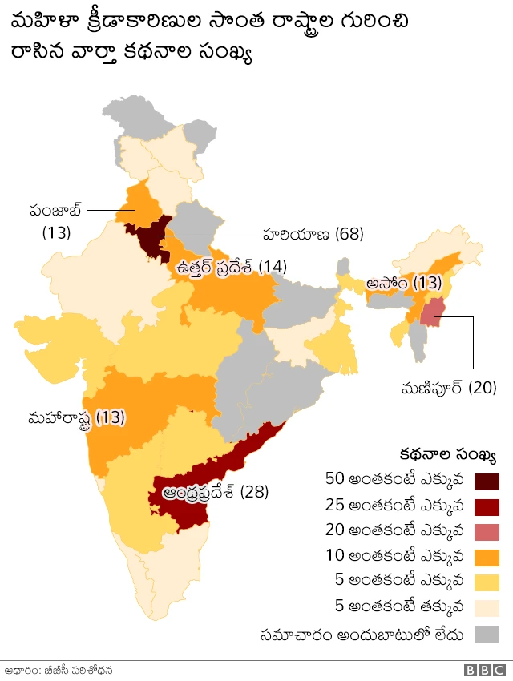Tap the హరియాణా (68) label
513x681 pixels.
pyautogui.click(x=313, y=234)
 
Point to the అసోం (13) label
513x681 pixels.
pyautogui.click(x=405, y=283)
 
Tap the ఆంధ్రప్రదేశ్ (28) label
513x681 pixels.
pyautogui.click(x=215, y=490)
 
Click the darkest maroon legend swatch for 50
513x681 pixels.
pyautogui.click(x=487, y=481)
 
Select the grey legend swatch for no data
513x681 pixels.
pyautogui.click(x=487, y=635)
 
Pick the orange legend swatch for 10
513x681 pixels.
pyautogui.click(x=487, y=558)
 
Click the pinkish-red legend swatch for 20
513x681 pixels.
pyautogui.click(x=487, y=532)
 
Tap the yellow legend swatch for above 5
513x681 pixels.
pyautogui.click(x=487, y=583)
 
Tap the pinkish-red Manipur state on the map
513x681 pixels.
pyautogui.click(x=434, y=312)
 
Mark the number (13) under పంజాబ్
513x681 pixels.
pyautogui.click(x=56, y=233)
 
